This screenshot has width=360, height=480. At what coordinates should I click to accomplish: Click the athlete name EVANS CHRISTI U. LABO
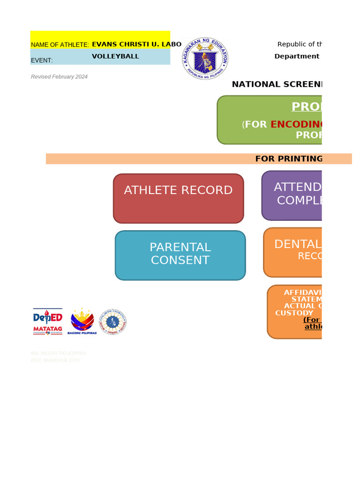click(x=136, y=45)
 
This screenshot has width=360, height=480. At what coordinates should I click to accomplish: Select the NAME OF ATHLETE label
click(x=60, y=45)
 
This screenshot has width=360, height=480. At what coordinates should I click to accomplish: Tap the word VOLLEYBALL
click(x=115, y=56)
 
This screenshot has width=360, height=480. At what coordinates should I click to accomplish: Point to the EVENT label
click(x=42, y=60)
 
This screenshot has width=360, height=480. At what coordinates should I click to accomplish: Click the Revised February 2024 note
click(x=59, y=77)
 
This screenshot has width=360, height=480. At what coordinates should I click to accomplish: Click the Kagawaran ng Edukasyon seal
click(x=205, y=59)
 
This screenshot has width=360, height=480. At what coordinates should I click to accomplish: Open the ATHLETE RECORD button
click(x=178, y=198)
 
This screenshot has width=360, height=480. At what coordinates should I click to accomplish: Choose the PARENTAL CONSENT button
click(x=180, y=255)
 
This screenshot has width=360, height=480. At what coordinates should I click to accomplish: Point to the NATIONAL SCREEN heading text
click(x=277, y=84)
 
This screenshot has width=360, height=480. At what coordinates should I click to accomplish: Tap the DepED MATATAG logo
click(x=47, y=322)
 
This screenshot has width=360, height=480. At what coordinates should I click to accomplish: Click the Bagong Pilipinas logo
click(x=82, y=322)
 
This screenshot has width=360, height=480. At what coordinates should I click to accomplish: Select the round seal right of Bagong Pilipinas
click(x=112, y=322)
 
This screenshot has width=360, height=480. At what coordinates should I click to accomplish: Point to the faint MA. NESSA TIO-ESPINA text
click(x=58, y=353)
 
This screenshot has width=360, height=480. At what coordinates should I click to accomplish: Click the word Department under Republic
click(x=297, y=56)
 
